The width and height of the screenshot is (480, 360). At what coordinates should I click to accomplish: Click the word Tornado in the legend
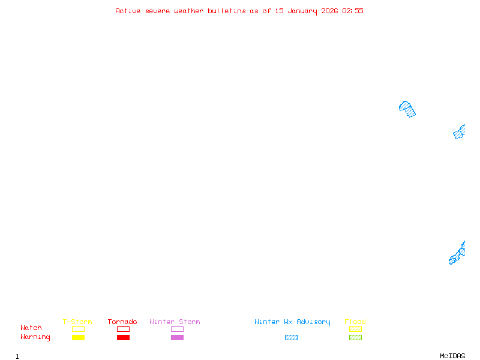click(x=122, y=322)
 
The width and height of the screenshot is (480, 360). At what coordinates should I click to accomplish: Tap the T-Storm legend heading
click(x=77, y=322)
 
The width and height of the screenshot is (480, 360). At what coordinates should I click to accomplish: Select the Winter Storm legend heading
click(x=175, y=322)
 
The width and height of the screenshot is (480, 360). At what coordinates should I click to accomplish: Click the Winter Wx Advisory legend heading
click(x=292, y=322)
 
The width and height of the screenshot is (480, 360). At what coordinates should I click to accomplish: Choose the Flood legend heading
click(x=355, y=322)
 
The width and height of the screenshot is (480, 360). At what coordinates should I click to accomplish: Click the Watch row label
click(x=31, y=328)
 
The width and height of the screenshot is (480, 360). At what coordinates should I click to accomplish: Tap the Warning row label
click(x=35, y=337)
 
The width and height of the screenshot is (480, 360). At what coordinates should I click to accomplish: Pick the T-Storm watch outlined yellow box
click(x=78, y=329)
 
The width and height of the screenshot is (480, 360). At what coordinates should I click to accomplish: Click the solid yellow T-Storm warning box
click(x=78, y=337)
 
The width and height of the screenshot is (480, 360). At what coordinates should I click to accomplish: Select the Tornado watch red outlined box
click(x=123, y=329)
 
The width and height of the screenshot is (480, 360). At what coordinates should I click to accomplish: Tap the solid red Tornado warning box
click(x=123, y=337)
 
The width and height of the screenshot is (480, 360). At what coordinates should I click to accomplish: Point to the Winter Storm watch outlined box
click(x=177, y=329)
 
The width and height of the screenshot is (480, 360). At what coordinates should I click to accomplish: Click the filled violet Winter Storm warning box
click(x=177, y=337)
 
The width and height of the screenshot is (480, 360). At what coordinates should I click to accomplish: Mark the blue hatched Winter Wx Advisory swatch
click(x=291, y=337)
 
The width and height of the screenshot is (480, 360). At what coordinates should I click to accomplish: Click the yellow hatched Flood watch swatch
click(x=355, y=329)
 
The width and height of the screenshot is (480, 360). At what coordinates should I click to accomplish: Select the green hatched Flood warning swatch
click(x=355, y=337)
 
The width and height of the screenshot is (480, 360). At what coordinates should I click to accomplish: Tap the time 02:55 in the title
click(x=353, y=11)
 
